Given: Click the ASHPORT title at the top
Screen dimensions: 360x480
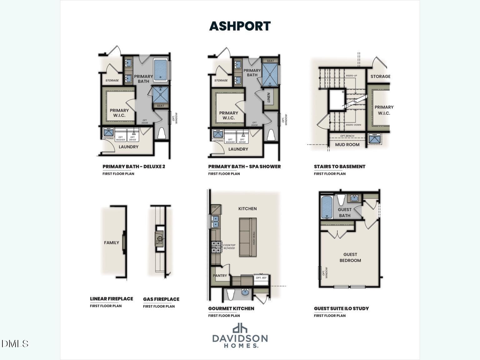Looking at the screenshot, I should [240, 26].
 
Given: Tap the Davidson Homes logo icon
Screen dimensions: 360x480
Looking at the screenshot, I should [240, 328].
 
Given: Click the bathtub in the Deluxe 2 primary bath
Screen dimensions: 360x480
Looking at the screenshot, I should [160, 70].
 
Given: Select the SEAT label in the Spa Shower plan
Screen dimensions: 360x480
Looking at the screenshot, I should [270, 61].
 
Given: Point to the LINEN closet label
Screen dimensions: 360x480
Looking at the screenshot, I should [268, 97].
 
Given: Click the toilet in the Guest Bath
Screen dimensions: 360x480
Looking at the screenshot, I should [341, 199].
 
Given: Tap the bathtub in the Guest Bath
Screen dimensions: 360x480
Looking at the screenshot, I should [327, 207].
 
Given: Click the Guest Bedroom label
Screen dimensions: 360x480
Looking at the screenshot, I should [350, 257].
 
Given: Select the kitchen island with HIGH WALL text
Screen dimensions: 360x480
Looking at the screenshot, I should [248, 237].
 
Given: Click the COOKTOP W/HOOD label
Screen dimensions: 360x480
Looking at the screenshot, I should [229, 247].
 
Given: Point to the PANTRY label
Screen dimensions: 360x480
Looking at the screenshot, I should [220, 276].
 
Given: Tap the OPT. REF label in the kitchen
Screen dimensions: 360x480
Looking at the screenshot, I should [261, 277].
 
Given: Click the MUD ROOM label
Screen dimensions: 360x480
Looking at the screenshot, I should [347, 145].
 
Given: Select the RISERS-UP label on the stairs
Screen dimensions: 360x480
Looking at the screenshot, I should [351, 76].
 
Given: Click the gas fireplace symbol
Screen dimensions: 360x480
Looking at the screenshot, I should [159, 239].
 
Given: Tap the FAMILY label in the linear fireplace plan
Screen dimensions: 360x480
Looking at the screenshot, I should [112, 242].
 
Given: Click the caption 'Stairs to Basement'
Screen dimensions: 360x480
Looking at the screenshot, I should [339, 167].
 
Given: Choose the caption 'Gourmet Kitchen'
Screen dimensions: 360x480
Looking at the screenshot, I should [231, 308].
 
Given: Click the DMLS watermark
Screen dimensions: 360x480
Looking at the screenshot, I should [15, 344].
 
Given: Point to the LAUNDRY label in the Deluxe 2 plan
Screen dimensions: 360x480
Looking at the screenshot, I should [128, 147].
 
